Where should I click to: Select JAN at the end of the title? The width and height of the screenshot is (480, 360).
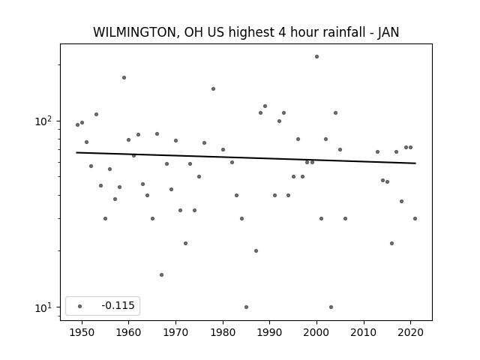(x=388, y=32)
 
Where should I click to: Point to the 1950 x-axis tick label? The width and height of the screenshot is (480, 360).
(x=82, y=332)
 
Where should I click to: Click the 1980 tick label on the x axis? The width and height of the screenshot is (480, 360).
(x=223, y=332)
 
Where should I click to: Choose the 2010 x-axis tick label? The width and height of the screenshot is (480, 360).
(x=364, y=332)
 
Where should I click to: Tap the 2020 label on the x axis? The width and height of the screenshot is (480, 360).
(x=411, y=332)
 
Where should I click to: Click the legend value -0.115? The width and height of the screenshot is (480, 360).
(x=118, y=305)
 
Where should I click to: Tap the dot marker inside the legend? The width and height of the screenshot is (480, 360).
(x=80, y=306)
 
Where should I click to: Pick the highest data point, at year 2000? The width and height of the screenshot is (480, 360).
(x=316, y=57)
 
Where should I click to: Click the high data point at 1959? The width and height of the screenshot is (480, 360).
(x=124, y=78)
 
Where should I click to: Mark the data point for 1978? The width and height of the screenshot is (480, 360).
(x=213, y=88)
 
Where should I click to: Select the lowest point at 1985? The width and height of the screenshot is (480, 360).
(x=247, y=307)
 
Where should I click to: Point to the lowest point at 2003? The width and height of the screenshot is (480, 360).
(x=331, y=307)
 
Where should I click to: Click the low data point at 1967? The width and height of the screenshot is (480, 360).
(x=162, y=275)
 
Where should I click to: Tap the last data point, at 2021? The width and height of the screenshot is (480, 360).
(x=415, y=218)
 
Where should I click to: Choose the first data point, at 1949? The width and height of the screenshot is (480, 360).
(x=77, y=125)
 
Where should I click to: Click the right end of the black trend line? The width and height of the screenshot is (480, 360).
(x=415, y=163)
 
